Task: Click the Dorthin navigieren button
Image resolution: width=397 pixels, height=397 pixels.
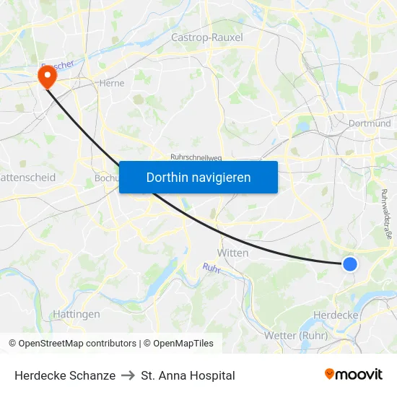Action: point(198,177)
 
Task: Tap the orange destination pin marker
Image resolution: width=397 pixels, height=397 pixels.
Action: point(48,76)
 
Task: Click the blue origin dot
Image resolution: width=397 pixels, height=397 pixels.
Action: point(349,264)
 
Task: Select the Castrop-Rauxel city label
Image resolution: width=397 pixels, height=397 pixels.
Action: point(207,37)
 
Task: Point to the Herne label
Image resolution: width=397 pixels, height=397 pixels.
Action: point(112,83)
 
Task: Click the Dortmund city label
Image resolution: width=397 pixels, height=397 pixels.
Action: point(370,123)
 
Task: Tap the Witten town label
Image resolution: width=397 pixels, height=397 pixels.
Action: point(232,253)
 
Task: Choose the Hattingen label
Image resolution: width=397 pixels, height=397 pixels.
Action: point(77,314)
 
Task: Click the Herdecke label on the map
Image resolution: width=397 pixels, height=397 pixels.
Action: point(336,315)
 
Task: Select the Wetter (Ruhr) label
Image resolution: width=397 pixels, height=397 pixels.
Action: point(296,335)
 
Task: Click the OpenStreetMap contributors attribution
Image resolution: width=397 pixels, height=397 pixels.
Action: point(72,344)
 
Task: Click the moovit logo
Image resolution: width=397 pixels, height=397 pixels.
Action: point(354,375)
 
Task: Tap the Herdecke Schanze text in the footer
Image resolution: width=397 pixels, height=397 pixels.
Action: point(65,375)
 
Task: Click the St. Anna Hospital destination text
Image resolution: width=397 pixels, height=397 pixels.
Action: point(188,375)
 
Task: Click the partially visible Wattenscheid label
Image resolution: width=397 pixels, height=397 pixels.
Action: point(27,177)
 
